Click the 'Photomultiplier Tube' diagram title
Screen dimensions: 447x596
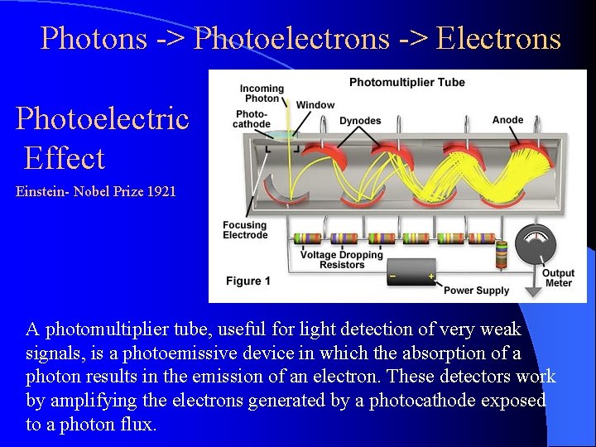click(406, 82)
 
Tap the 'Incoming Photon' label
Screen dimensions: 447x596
click(262, 94)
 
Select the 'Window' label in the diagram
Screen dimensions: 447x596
click(315, 105)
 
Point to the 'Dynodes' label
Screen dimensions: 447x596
click(360, 121)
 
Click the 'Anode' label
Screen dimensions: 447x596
click(507, 120)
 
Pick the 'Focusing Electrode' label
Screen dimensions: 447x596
click(245, 230)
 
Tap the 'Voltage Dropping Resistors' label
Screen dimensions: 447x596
click(342, 260)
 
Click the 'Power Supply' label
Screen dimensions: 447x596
click(477, 291)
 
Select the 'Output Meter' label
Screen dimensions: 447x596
click(558, 278)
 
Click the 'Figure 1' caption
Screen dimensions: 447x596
click(248, 281)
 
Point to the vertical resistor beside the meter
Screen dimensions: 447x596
click(501, 255)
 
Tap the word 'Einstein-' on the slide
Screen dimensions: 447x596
click(43, 192)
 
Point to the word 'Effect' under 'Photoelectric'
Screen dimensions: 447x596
click(65, 158)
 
